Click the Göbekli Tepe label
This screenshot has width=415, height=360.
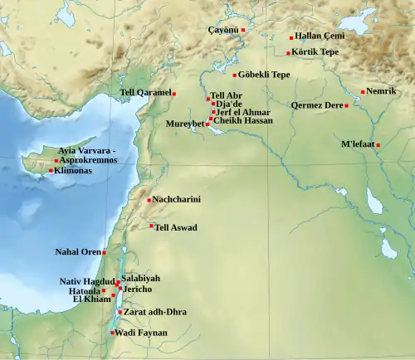265,75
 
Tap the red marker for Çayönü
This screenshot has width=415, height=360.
243,30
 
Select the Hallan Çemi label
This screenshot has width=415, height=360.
320,37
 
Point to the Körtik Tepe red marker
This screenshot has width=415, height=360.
289,53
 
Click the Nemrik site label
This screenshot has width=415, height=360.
382,91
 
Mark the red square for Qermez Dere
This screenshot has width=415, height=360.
346,105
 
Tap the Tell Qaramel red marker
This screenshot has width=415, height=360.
174,94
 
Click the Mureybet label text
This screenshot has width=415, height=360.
185,124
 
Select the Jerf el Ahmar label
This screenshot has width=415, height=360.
243,112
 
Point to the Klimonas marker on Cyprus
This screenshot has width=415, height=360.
51,171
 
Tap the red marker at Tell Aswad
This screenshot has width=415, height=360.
151,226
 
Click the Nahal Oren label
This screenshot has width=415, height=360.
78,252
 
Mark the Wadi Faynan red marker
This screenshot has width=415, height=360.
112,333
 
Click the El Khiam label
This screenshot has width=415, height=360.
91,299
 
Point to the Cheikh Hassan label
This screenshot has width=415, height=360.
242,120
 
